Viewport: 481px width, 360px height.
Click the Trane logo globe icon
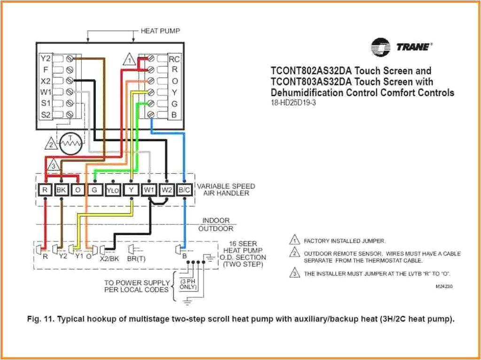pos(380,47)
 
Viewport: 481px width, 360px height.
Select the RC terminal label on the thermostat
pos(174,59)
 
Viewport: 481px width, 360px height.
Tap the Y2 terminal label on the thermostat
pos(45,59)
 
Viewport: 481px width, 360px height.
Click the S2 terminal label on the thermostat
pos(45,114)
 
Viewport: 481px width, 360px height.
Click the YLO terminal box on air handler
pos(113,190)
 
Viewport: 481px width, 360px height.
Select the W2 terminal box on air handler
pos(167,190)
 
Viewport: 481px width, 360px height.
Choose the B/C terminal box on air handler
pos(185,190)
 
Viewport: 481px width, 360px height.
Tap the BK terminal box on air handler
pos(61,190)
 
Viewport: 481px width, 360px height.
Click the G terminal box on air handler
pos(94,190)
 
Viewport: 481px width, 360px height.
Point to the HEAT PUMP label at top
pos(160,31)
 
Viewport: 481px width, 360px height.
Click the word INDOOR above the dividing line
pos(216,220)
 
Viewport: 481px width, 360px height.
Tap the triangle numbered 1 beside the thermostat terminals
pos(129,60)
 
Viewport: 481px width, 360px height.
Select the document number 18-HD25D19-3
pos(293,103)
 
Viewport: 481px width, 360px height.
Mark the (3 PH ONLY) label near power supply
pos(188,283)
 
